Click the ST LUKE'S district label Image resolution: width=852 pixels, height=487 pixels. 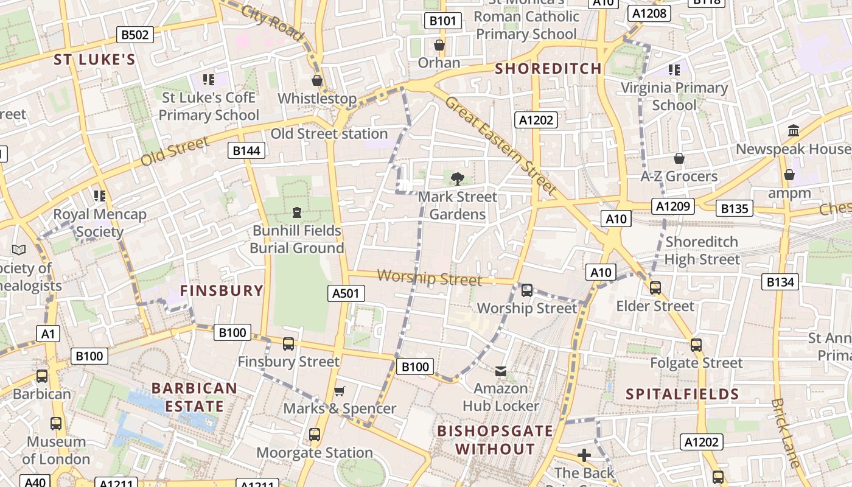tap(94, 59)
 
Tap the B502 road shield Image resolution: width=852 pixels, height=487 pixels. tap(135, 35)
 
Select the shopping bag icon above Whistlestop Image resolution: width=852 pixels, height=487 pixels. tap(317, 80)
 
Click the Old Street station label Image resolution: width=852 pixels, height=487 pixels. tap(329, 133)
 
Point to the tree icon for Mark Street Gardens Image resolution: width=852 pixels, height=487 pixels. tap(457, 178)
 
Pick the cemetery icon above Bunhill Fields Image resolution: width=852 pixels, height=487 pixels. tap(296, 212)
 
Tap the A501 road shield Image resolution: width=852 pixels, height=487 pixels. tap(346, 293)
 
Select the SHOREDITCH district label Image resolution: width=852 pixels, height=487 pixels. tap(548, 68)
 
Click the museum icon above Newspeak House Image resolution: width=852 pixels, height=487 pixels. tap(794, 131)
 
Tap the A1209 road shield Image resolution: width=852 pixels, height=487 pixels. tap(673, 206)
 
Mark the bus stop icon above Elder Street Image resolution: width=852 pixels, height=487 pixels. tap(655, 287)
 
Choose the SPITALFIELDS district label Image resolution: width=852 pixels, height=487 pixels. tap(682, 394)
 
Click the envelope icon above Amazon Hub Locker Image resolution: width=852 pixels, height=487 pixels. tap(501, 371)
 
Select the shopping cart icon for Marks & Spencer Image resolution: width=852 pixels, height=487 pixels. tap(340, 391)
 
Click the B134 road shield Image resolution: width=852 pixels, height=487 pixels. tap(780, 281)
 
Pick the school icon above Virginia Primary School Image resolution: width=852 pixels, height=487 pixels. tap(674, 70)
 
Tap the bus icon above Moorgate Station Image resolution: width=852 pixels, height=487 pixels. tap(314, 435)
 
